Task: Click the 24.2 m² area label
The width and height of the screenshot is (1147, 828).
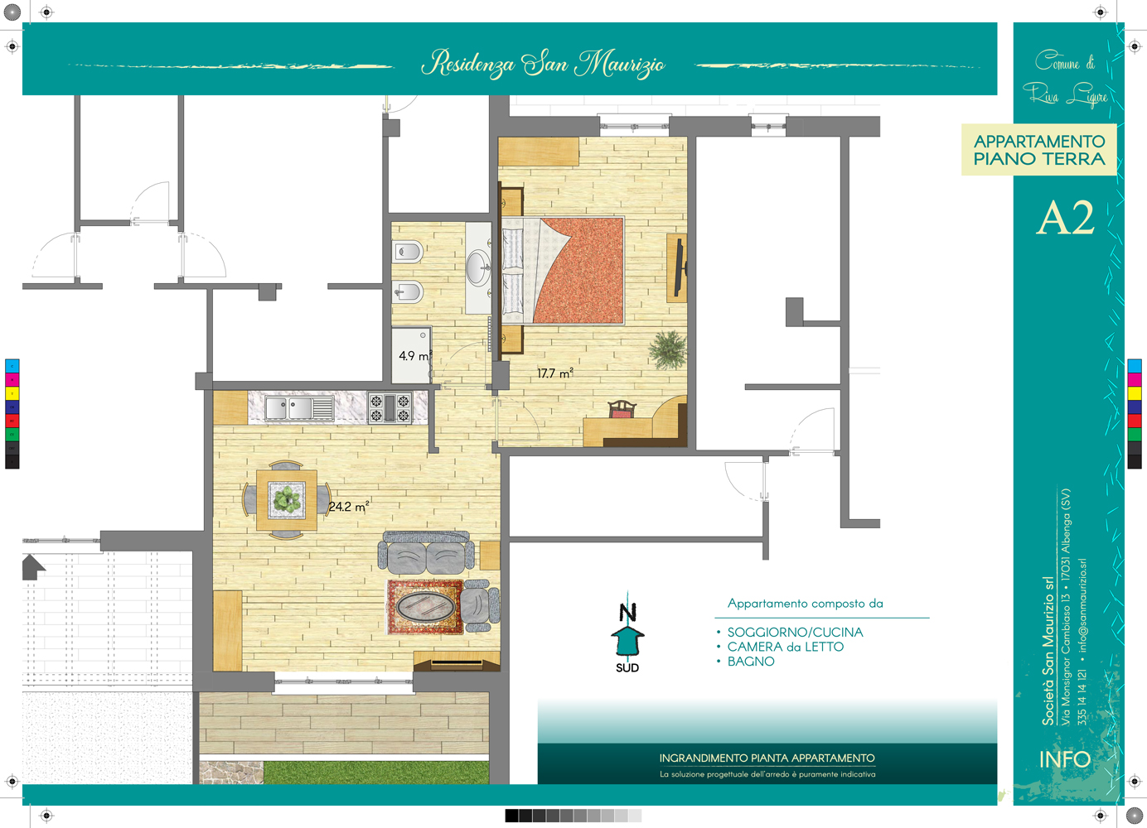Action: click(x=349, y=506)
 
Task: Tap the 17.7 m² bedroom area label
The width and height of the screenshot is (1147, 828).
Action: click(x=555, y=373)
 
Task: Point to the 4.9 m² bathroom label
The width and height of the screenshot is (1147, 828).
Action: click(x=415, y=355)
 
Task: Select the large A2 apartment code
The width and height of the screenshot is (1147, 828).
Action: click(x=1066, y=218)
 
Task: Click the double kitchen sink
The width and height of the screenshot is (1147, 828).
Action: click(x=299, y=408)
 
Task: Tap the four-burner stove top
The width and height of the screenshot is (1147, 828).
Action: click(x=390, y=407)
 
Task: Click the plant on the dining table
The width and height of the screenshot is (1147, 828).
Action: click(x=287, y=499)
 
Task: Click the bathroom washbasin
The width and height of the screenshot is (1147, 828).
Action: click(x=478, y=267)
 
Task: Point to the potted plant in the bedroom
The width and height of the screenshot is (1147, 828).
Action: click(x=668, y=349)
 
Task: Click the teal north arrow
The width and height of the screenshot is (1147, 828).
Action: click(x=627, y=638)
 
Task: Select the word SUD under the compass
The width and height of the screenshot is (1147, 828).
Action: click(x=627, y=668)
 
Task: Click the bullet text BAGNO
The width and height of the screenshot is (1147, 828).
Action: click(x=751, y=662)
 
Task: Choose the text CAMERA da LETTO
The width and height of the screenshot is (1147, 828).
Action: click(x=786, y=647)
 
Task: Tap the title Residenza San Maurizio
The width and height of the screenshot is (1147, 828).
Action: click(x=543, y=64)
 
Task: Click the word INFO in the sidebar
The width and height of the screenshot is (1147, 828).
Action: click(x=1065, y=759)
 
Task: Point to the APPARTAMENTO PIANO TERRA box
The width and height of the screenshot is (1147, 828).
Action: click(x=1039, y=150)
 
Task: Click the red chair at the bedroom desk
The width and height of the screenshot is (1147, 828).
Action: click(x=622, y=409)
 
